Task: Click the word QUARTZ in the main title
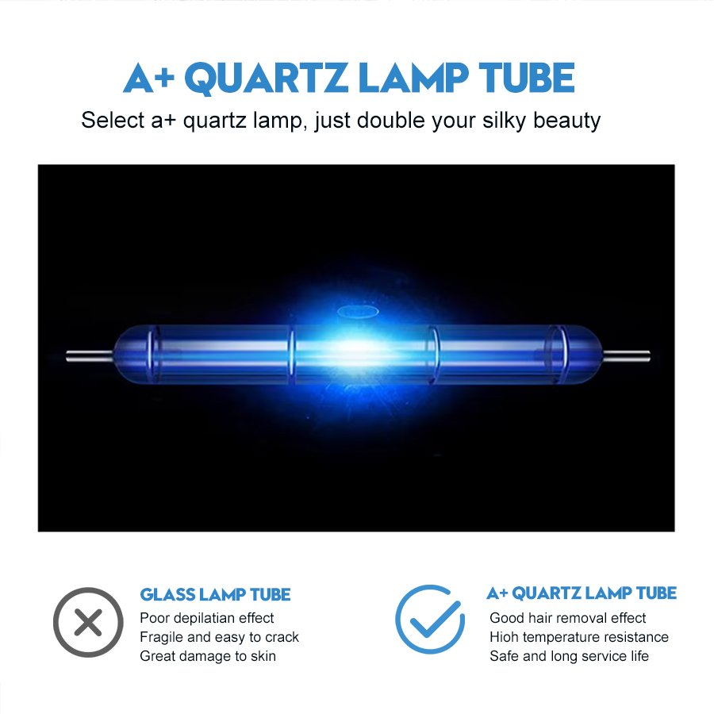pos(266,79)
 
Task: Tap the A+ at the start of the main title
pos(149,79)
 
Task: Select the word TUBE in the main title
pos(527,78)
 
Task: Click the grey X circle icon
pos(88,622)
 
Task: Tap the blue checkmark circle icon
pos(430,620)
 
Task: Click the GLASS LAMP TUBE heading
pos(215,595)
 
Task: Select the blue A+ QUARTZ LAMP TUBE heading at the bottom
pos(582,593)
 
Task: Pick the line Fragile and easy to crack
pos(219,637)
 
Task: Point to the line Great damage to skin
pos(208,656)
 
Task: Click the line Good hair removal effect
pos(567,618)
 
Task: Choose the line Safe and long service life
pos(569,656)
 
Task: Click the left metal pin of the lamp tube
pos(90,355)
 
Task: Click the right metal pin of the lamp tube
pos(626,355)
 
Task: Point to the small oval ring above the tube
pos(358,312)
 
